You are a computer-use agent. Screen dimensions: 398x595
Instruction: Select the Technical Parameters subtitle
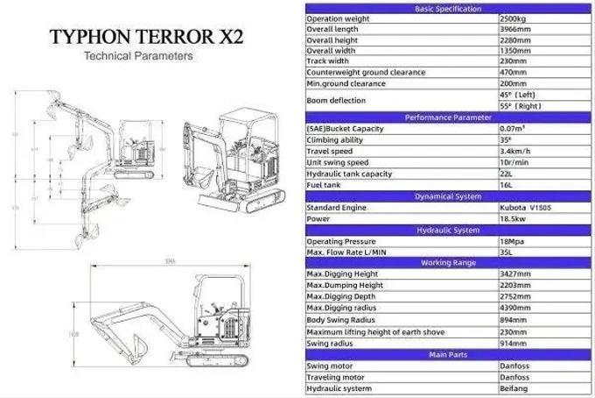pos(137,56)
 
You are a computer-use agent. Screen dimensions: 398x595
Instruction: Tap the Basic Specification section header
pos(447,9)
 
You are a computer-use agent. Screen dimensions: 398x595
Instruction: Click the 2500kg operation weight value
pos(513,18)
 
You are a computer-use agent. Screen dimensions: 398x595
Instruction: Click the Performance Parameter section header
pos(447,117)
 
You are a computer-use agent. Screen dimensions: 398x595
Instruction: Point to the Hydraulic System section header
pos(447,230)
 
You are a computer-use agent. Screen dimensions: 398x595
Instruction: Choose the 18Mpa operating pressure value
pos(513,241)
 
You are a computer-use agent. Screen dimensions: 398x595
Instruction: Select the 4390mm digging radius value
pos(515,309)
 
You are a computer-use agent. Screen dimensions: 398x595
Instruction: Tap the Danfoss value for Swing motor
pos(514,366)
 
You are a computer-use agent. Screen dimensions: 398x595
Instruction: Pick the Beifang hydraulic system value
pos(514,388)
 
